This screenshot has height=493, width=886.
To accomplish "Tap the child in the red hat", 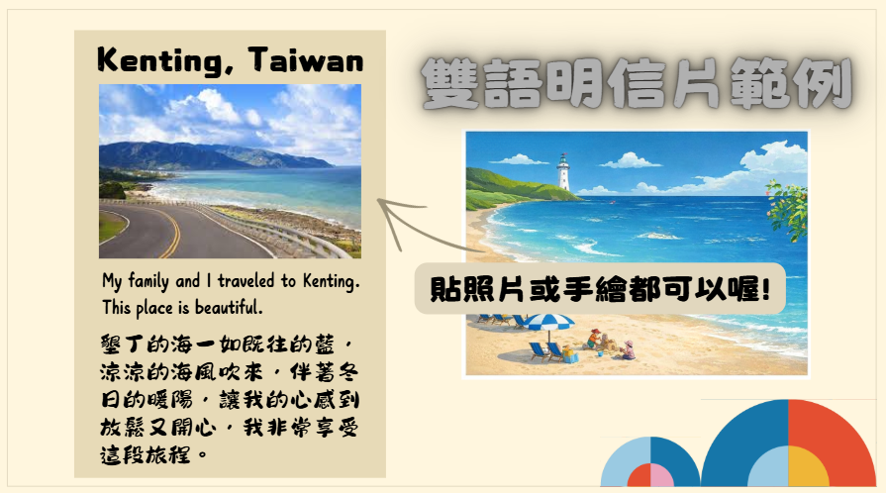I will click(594, 339).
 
